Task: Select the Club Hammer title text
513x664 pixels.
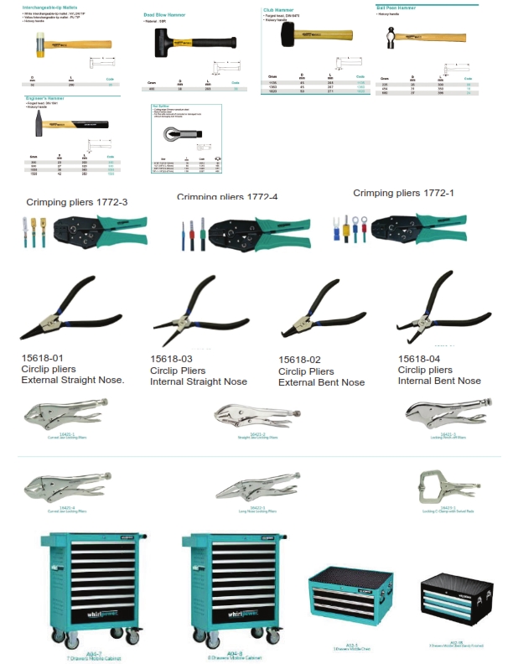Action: (x=279, y=11)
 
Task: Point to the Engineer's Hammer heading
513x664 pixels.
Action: (x=44, y=99)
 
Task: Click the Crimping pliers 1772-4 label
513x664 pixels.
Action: (x=227, y=197)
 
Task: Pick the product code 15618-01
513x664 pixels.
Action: (x=43, y=358)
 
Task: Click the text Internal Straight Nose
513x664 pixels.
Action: (x=199, y=381)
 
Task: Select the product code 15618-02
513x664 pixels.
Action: (x=302, y=360)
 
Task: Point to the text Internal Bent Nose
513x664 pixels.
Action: (x=439, y=381)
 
